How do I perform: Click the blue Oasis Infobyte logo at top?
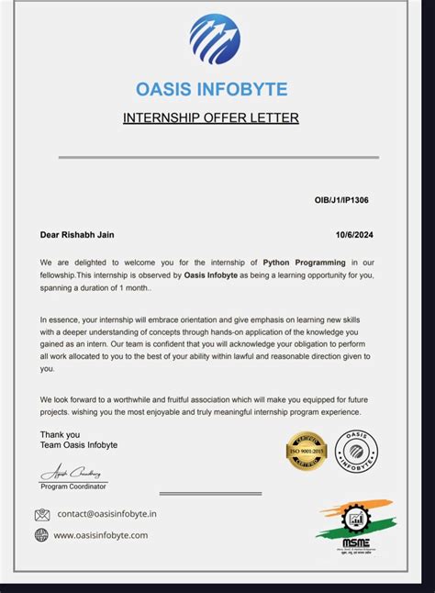pos(214,39)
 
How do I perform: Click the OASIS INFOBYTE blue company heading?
pos(212,89)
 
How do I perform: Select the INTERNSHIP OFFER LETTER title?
pos(211,117)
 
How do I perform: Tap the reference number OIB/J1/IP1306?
pos(342,199)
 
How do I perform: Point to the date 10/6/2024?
pos(354,235)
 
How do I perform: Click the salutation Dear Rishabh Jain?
pos(77,235)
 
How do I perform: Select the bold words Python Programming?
pos(304,263)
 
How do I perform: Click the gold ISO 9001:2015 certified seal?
pos(307,450)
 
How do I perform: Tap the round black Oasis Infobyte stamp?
pos(355,450)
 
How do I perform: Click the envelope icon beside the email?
pos(42,514)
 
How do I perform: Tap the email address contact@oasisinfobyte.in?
pos(106,514)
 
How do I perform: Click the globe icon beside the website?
pos(41,535)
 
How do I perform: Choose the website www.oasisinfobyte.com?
pos(101,535)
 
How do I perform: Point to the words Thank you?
pos(60,434)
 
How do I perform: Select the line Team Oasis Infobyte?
pos(78,445)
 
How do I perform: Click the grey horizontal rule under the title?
pos(217,158)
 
